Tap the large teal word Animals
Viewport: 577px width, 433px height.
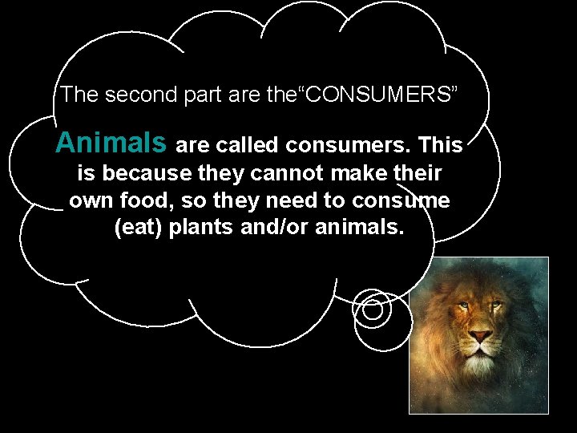coord(111,144)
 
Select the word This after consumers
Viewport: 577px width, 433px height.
coord(440,145)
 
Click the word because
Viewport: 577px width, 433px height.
coord(141,173)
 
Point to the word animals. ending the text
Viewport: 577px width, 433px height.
coord(361,228)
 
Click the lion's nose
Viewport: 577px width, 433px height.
coord(480,334)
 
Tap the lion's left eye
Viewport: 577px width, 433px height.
coord(463,305)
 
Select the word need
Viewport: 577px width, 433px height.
coord(301,200)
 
